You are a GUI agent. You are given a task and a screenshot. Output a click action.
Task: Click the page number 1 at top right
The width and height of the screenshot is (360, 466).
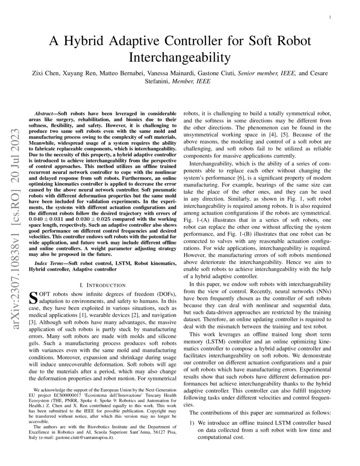click(330, 17)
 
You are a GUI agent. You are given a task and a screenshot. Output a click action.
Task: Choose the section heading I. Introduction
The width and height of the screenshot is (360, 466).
click(102, 285)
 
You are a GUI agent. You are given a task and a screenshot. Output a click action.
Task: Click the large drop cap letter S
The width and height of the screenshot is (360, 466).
click(32, 297)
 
